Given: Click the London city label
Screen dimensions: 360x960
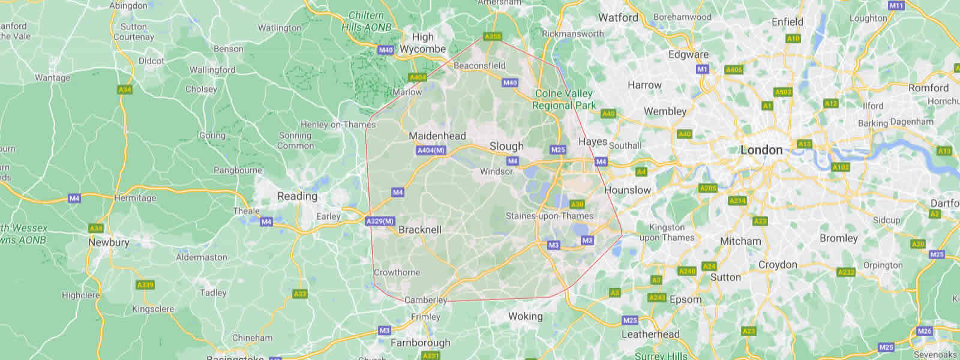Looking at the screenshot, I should pyautogui.click(x=761, y=150).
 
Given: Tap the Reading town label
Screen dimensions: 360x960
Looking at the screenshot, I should pyautogui.click(x=297, y=196).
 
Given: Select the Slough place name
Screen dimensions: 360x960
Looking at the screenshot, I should pyautogui.click(x=506, y=146).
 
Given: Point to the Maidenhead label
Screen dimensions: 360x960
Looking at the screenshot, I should pyautogui.click(x=437, y=136).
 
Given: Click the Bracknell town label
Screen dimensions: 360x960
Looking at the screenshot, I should pyautogui.click(x=420, y=230).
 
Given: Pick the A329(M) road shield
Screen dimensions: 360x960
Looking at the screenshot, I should pyautogui.click(x=380, y=221).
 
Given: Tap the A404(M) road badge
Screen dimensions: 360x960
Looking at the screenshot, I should pyautogui.click(x=431, y=150).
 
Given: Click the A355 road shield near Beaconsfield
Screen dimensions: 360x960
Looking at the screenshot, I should pyautogui.click(x=493, y=37).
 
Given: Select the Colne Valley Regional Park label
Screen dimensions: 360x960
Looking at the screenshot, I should pyautogui.click(x=564, y=100).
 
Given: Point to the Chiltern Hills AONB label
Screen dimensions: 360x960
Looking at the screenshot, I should pyautogui.click(x=366, y=22).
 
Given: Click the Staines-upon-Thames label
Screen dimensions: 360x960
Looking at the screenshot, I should pyautogui.click(x=549, y=216).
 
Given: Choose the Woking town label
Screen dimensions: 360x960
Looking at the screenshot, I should pyautogui.click(x=525, y=316).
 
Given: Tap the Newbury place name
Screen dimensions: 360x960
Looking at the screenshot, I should pyautogui.click(x=109, y=242).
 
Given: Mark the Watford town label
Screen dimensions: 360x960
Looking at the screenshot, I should pyautogui.click(x=618, y=18).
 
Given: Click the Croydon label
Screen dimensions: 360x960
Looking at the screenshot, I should pyautogui.click(x=778, y=265).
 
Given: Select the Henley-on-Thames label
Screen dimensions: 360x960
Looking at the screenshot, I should pyautogui.click(x=338, y=125).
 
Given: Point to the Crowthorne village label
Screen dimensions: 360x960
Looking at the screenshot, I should pyautogui.click(x=397, y=272).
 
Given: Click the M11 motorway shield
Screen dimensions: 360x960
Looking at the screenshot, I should pyautogui.click(x=896, y=5).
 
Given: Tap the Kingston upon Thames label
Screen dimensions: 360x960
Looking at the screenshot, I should pyautogui.click(x=667, y=233).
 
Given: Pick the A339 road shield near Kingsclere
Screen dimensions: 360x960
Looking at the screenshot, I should pyautogui.click(x=145, y=285).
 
